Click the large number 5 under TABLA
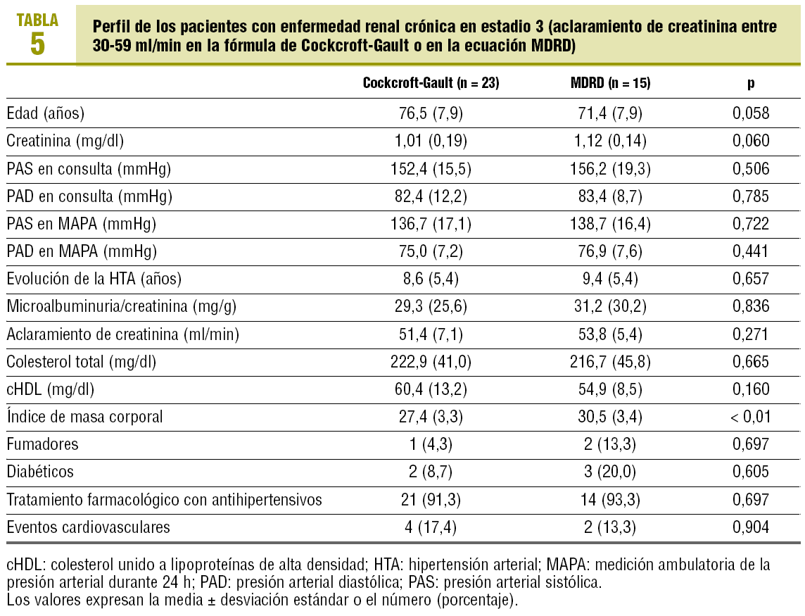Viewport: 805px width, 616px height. (x=37, y=44)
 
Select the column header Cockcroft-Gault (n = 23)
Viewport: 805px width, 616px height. (x=431, y=83)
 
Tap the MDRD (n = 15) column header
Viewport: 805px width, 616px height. (x=610, y=83)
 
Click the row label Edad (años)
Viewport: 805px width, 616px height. (x=45, y=113)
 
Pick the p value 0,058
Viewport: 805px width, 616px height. (x=751, y=113)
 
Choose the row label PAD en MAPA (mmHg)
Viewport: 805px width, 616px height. (x=82, y=251)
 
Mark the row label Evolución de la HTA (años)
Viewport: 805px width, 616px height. (x=94, y=279)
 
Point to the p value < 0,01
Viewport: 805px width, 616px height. (x=751, y=417)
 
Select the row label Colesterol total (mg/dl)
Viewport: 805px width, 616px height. (x=82, y=362)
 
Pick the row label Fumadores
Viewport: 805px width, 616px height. (x=42, y=444)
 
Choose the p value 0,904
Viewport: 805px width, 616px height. (x=751, y=527)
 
